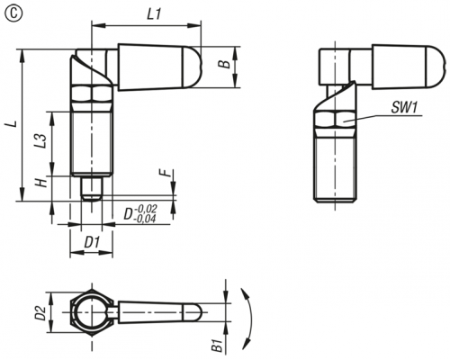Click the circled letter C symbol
coord(13,14)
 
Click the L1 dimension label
coord(154,13)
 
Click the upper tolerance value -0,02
coord(146,209)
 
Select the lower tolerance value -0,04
coord(145,219)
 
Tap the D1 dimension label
coord(91,243)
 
